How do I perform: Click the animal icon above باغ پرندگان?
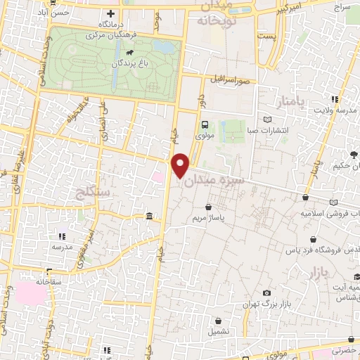tap(130, 53)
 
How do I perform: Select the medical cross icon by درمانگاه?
tap(110, 13)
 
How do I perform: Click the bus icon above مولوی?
tap(205, 125)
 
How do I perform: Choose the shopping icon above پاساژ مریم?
tap(209, 207)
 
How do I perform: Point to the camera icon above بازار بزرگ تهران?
tap(266, 292)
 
